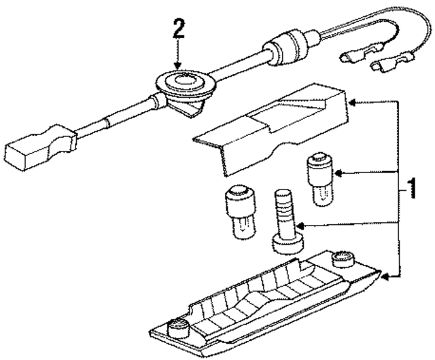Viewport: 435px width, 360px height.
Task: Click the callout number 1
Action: (409, 189)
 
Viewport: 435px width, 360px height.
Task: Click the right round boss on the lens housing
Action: (342, 261)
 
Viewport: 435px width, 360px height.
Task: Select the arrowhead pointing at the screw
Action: (300, 226)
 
